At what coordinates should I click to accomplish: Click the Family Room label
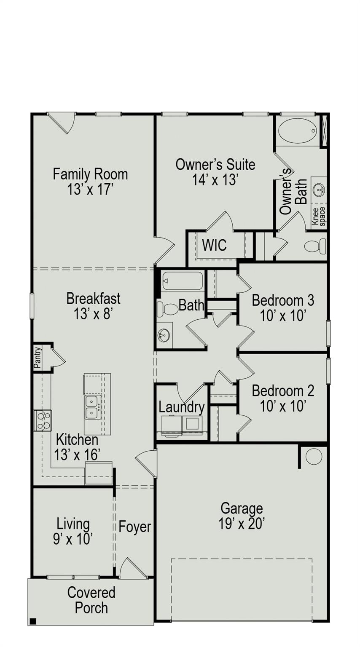(x=90, y=174)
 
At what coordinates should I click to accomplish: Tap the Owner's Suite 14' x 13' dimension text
(x=215, y=180)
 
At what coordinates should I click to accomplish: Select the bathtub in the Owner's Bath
(x=298, y=131)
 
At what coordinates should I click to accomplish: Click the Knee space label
(x=319, y=216)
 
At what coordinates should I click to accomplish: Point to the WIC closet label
(x=214, y=245)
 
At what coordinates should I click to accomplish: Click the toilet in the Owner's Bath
(x=315, y=246)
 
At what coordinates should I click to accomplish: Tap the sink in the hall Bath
(x=164, y=335)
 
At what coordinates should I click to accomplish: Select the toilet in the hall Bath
(x=167, y=309)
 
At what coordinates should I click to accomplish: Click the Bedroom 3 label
(x=283, y=300)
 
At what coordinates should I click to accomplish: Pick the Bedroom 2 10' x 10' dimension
(x=283, y=406)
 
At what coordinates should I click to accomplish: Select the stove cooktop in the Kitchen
(x=43, y=420)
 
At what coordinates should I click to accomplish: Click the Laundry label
(x=182, y=407)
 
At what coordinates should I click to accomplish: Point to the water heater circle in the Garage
(x=314, y=457)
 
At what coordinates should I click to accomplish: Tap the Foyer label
(x=135, y=527)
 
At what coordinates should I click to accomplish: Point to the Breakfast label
(x=94, y=298)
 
